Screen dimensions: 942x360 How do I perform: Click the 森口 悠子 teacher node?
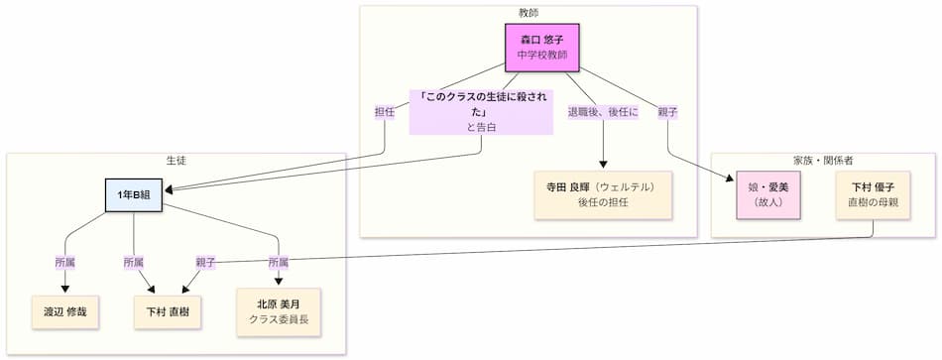(x=541, y=47)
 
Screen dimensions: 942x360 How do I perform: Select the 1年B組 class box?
(x=134, y=195)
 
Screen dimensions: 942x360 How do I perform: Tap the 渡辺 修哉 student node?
(x=65, y=311)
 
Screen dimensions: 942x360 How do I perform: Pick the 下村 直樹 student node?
(x=162, y=311)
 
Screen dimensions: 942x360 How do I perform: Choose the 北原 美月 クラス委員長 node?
(x=279, y=311)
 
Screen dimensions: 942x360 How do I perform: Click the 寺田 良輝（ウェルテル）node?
(x=603, y=194)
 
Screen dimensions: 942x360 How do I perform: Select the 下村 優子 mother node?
(x=873, y=194)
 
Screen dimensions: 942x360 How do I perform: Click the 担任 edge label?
(x=384, y=113)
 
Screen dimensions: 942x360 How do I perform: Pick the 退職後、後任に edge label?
(x=603, y=113)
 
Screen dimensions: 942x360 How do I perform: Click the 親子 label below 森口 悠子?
(x=666, y=113)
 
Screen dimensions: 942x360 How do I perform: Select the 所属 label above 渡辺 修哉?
(x=65, y=263)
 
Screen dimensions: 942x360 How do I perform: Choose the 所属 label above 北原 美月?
(x=279, y=263)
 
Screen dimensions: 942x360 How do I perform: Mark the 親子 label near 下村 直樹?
(x=206, y=263)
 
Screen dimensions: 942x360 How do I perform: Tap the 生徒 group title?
(x=177, y=160)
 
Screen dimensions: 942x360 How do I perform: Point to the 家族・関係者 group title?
(x=823, y=160)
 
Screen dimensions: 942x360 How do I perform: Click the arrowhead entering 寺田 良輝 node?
(x=603, y=168)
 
